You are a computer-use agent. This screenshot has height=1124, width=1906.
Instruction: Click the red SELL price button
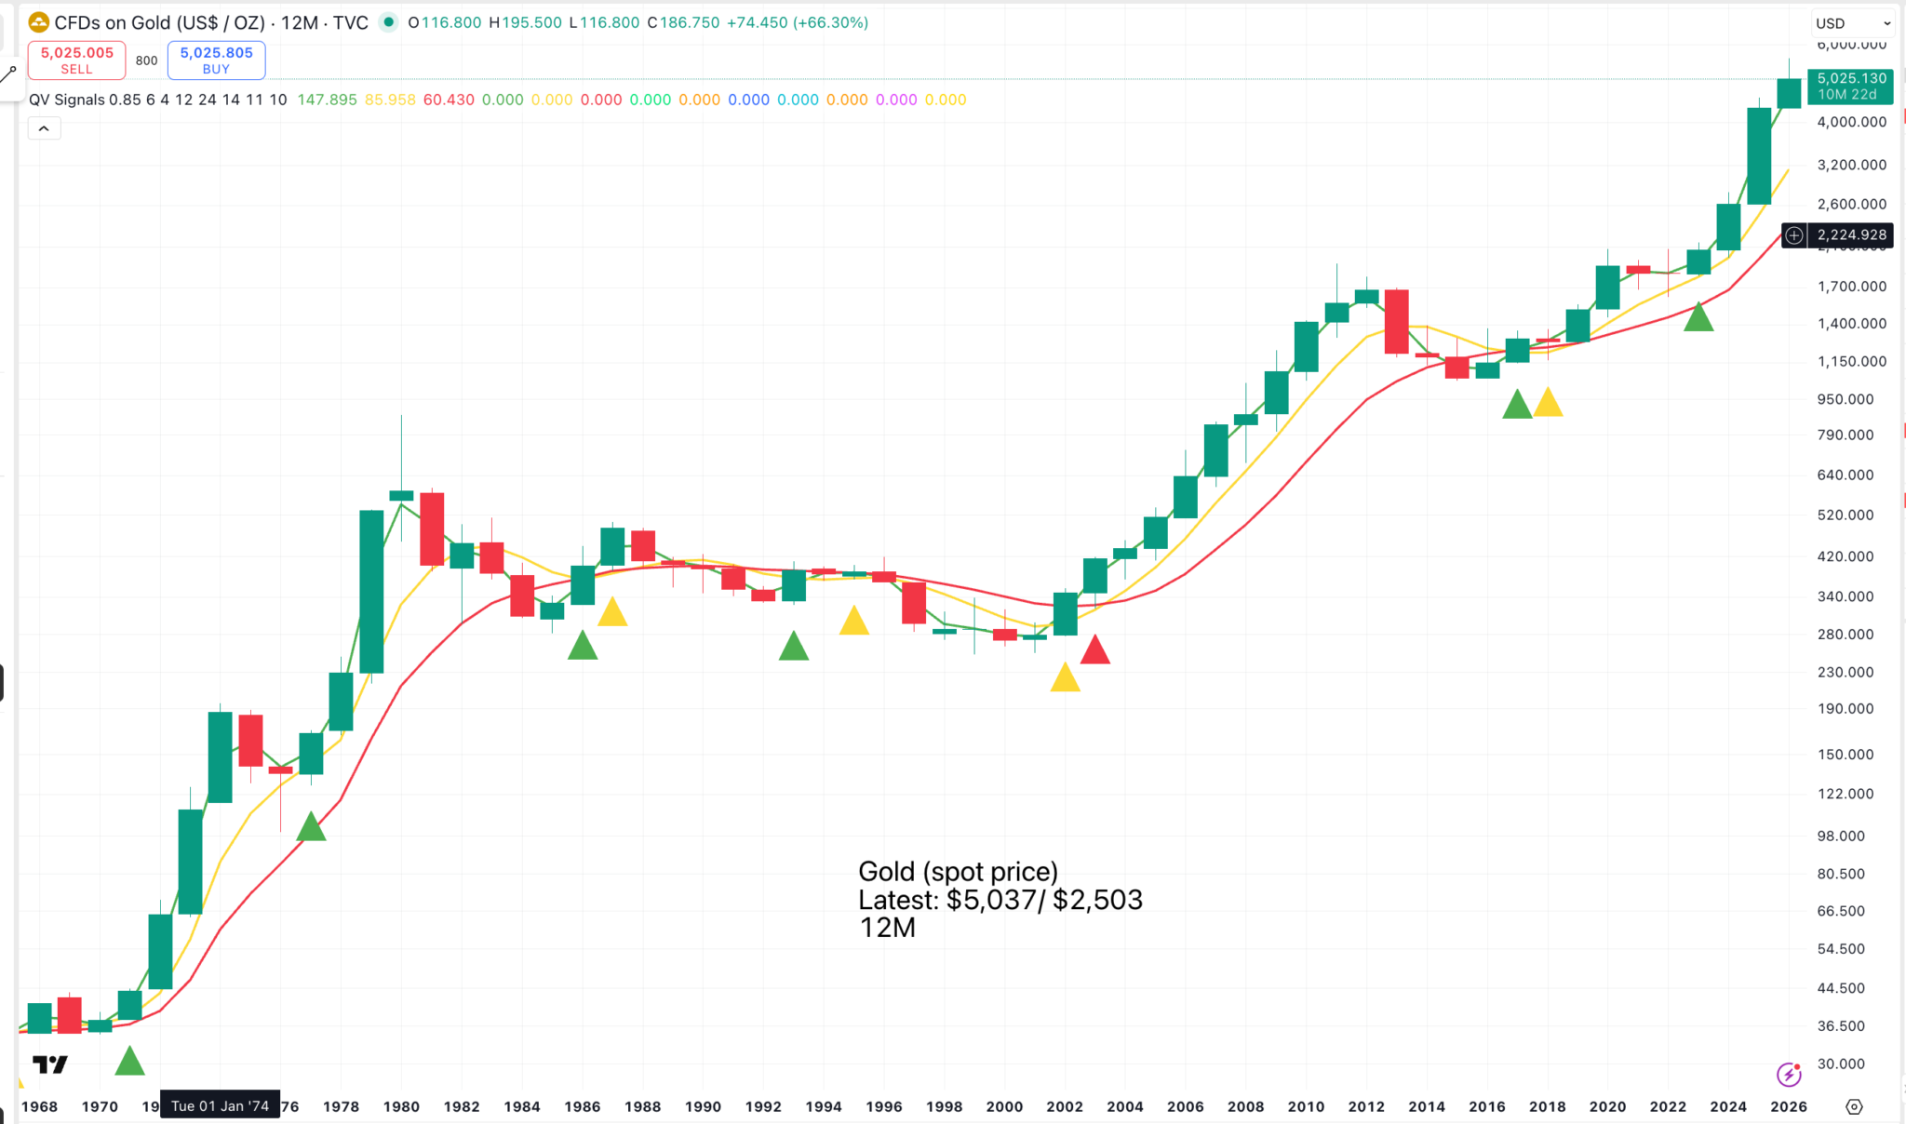(x=76, y=60)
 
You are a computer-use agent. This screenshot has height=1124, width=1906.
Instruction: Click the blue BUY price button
(x=216, y=60)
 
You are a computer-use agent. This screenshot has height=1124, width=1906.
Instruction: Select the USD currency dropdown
(x=1852, y=23)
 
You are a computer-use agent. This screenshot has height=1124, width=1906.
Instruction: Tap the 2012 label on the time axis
(x=1366, y=1106)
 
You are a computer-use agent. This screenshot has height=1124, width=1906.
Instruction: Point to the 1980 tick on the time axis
(x=401, y=1106)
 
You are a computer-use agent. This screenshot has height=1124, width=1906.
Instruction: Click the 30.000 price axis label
(x=1841, y=1064)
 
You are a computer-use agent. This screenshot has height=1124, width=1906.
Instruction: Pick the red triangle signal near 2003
(x=1094, y=650)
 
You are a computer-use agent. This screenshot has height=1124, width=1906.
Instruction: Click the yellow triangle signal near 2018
(x=1548, y=404)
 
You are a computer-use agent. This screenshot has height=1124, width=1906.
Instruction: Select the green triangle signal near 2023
(x=1698, y=318)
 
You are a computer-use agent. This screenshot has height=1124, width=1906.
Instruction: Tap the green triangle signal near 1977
(x=311, y=827)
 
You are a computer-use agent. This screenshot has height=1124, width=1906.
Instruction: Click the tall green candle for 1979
(x=371, y=591)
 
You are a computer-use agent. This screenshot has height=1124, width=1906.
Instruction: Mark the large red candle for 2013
(x=1396, y=321)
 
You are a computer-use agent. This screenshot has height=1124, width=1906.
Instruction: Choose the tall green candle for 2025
(x=1759, y=155)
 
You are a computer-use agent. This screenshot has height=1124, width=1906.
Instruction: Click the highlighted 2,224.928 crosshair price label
(x=1851, y=235)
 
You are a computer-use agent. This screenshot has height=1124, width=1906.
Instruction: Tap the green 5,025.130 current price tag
(x=1851, y=86)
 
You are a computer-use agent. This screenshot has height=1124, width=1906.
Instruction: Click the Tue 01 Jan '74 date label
(x=220, y=1105)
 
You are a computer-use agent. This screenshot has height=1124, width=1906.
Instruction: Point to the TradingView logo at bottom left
(x=50, y=1064)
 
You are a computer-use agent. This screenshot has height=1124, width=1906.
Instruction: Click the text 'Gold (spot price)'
(x=958, y=872)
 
